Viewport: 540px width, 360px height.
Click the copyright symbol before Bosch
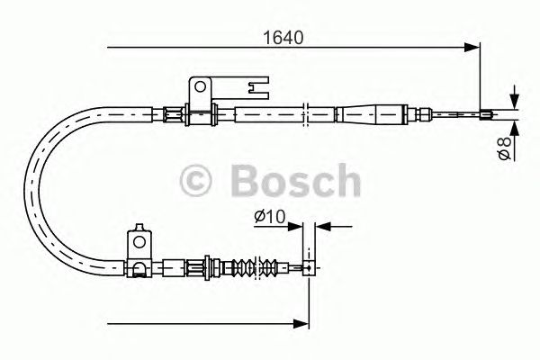198,181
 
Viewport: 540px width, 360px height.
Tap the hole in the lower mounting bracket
139,241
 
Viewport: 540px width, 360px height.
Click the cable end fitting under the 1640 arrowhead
486,113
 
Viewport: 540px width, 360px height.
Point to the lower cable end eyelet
308,266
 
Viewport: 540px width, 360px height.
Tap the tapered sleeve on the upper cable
371,113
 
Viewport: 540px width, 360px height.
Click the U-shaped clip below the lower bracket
139,267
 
